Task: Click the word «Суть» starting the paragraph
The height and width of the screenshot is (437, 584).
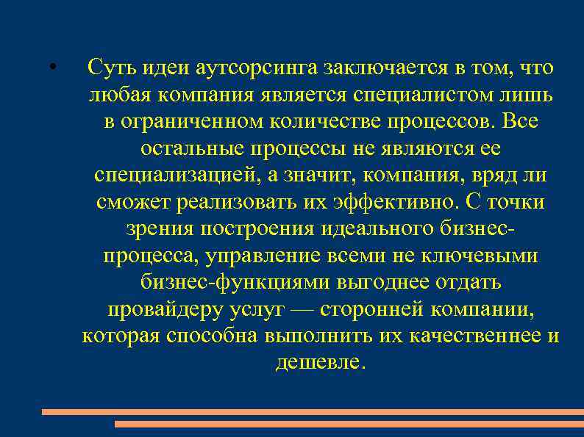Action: [107, 68]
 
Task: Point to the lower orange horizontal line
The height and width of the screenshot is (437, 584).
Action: [349, 424]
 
